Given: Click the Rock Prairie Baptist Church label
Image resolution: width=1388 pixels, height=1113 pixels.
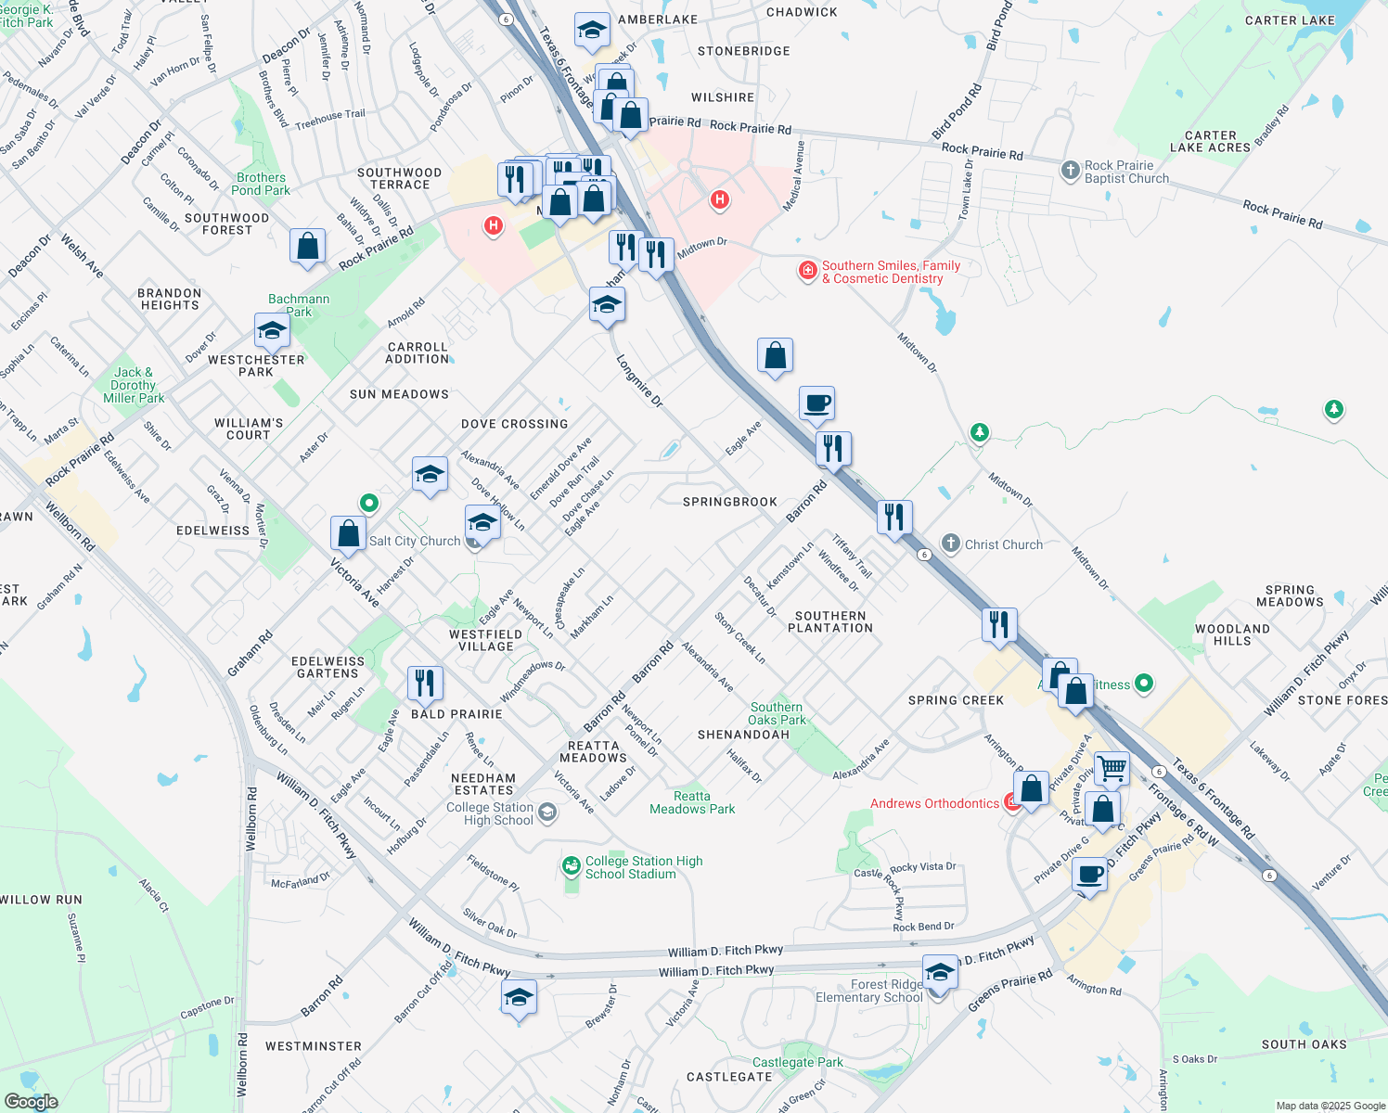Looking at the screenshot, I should [x=1126, y=172].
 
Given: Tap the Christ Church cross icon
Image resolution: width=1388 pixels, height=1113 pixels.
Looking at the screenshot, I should [x=950, y=544].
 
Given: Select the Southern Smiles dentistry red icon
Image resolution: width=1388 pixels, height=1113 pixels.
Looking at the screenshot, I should [x=808, y=271].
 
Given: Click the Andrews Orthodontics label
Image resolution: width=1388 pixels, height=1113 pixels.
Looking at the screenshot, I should [x=934, y=803].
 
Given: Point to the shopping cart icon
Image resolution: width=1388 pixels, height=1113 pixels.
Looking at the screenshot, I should [x=1112, y=768].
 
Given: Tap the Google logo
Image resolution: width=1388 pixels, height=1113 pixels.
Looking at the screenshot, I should [x=31, y=1102].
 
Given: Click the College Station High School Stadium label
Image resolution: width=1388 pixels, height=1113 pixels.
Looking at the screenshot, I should [x=643, y=867].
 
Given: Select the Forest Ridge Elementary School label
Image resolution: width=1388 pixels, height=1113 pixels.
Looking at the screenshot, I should [x=868, y=991].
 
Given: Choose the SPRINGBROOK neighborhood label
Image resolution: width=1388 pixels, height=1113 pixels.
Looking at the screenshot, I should [x=730, y=502].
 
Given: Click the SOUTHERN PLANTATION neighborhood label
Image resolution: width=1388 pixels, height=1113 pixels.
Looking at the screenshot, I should [x=830, y=621].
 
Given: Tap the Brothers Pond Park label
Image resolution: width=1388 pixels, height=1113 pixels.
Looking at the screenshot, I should [x=261, y=184].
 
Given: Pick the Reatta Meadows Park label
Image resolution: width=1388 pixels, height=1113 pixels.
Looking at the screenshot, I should [x=692, y=802].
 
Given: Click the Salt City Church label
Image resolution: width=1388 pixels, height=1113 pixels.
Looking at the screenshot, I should [x=414, y=541].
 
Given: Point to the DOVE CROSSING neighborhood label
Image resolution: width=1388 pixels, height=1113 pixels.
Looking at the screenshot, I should [x=514, y=424].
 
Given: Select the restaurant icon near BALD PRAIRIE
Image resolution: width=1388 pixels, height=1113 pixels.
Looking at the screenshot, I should [x=425, y=684].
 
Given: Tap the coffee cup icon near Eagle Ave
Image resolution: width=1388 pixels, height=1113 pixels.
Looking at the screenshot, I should [x=816, y=403].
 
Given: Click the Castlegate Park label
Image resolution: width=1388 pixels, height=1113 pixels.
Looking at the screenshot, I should [x=798, y=1062].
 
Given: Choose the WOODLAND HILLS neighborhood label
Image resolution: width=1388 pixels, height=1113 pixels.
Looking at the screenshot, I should [x=1232, y=634].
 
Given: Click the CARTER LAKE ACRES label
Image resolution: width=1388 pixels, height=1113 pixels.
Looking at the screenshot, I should [x=1210, y=141].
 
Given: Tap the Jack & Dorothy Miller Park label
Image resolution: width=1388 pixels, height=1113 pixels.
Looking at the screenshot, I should [x=134, y=385].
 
